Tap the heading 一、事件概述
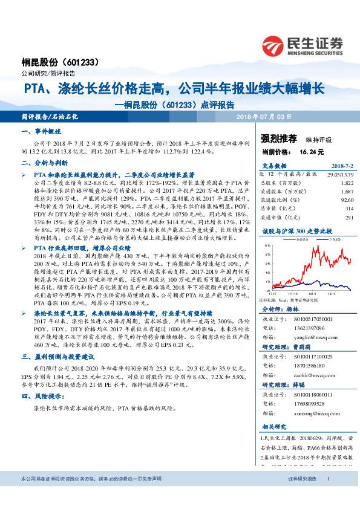point(42,131)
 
